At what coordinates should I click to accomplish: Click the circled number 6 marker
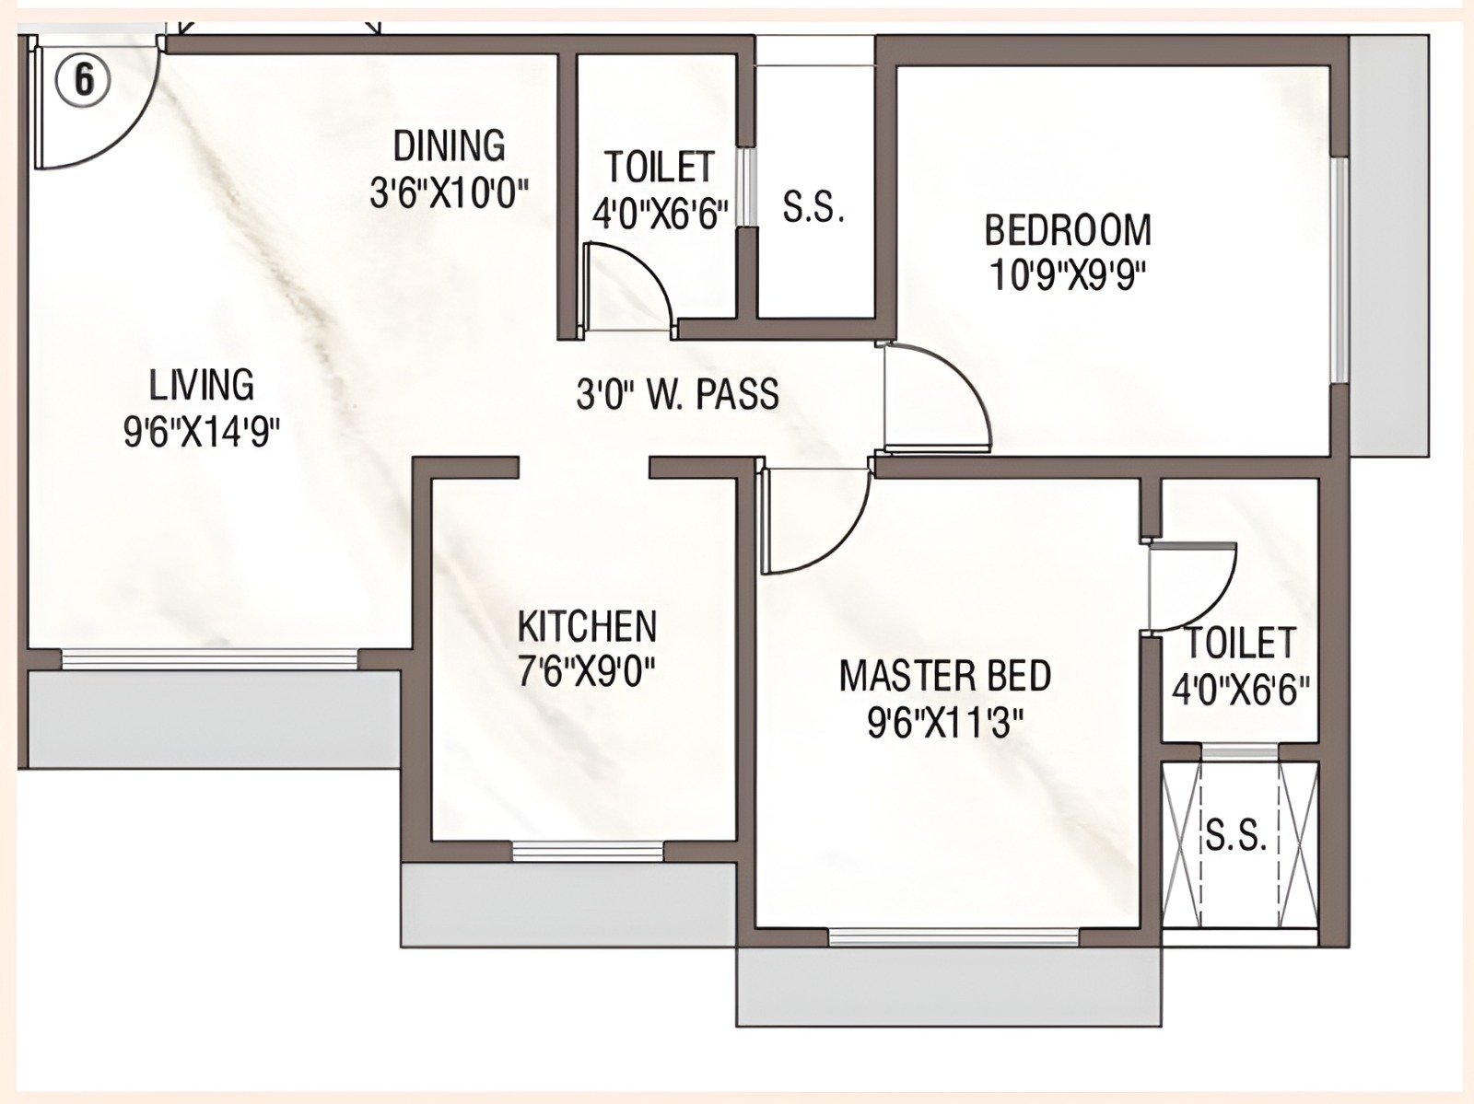pos(83,80)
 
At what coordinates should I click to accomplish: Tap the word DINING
pos(449,146)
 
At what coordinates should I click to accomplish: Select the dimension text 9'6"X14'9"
pos(202,432)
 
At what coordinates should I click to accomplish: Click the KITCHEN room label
pos(587,627)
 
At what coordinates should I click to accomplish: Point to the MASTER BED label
pos(944,676)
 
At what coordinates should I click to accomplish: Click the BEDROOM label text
pos(1068,230)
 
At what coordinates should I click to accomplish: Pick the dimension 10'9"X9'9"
pos(1071,275)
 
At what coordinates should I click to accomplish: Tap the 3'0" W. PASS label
pos(677,395)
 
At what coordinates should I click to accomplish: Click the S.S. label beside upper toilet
pos(813,208)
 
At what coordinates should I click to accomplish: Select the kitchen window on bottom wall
pos(587,851)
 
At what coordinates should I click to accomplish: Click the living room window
pos(209,658)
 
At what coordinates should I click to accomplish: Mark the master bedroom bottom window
pos(953,937)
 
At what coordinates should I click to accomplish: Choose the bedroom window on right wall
pos(1339,270)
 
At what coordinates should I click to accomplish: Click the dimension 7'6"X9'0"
pos(586,673)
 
